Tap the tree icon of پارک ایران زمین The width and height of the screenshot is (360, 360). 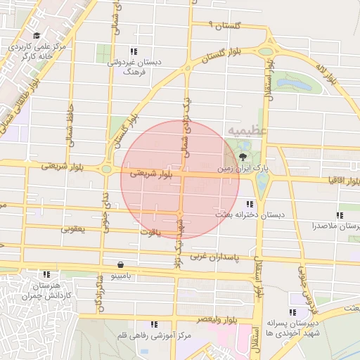point(243,156)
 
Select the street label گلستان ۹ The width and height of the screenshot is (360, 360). point(225,25)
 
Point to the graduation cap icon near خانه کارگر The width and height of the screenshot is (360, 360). point(37,36)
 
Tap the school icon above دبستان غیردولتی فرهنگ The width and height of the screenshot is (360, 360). point(134,51)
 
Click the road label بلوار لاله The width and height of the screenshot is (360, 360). point(327,75)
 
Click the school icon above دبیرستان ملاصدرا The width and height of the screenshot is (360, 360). point(340,215)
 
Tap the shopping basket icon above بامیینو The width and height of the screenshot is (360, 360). point(123,265)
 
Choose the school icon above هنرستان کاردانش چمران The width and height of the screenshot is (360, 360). point(46,274)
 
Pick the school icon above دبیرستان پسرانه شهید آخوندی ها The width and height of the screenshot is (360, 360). point(292,312)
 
